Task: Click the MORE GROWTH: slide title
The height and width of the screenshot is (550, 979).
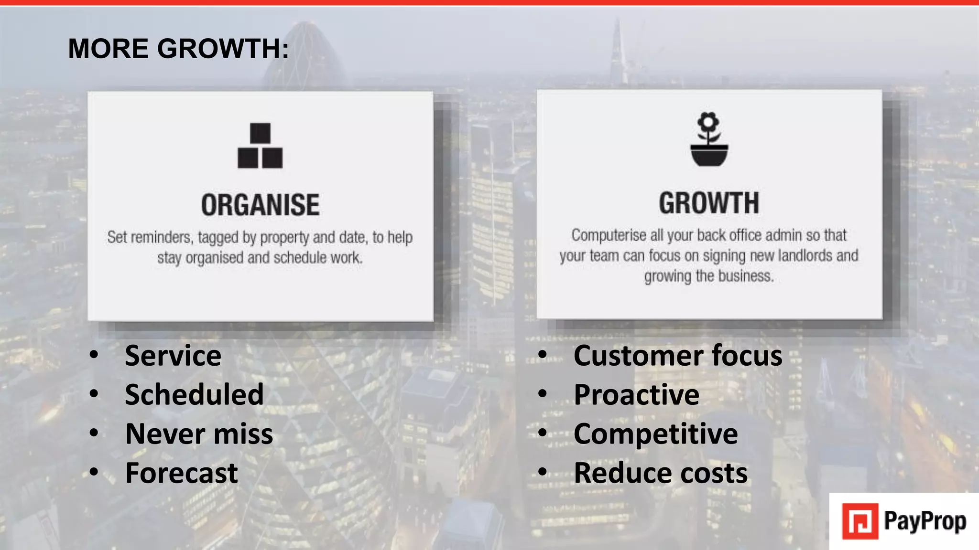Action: (x=178, y=49)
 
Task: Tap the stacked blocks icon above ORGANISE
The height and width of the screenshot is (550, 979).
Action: (x=260, y=146)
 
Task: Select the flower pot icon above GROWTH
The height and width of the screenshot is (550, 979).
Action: (x=709, y=139)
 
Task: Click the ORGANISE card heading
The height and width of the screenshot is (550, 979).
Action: (x=260, y=205)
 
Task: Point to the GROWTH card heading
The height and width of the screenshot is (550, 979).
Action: (x=709, y=203)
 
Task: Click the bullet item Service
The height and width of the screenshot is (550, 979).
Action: (x=173, y=356)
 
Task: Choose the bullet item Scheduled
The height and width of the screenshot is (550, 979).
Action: (x=194, y=395)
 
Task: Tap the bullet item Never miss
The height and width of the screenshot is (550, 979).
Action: (x=199, y=434)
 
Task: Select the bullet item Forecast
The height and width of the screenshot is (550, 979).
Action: (x=181, y=473)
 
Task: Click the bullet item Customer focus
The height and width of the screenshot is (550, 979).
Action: (x=678, y=356)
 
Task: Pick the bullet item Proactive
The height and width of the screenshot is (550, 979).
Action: (x=636, y=395)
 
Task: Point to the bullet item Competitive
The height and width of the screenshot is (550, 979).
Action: (x=655, y=434)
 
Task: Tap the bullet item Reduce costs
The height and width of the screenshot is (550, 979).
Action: (x=661, y=473)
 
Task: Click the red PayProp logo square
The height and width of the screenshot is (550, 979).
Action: (x=860, y=521)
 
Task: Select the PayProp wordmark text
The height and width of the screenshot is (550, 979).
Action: (x=925, y=521)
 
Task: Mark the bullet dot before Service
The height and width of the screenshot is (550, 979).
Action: (x=94, y=355)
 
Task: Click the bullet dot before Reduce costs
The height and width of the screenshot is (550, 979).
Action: (x=543, y=472)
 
